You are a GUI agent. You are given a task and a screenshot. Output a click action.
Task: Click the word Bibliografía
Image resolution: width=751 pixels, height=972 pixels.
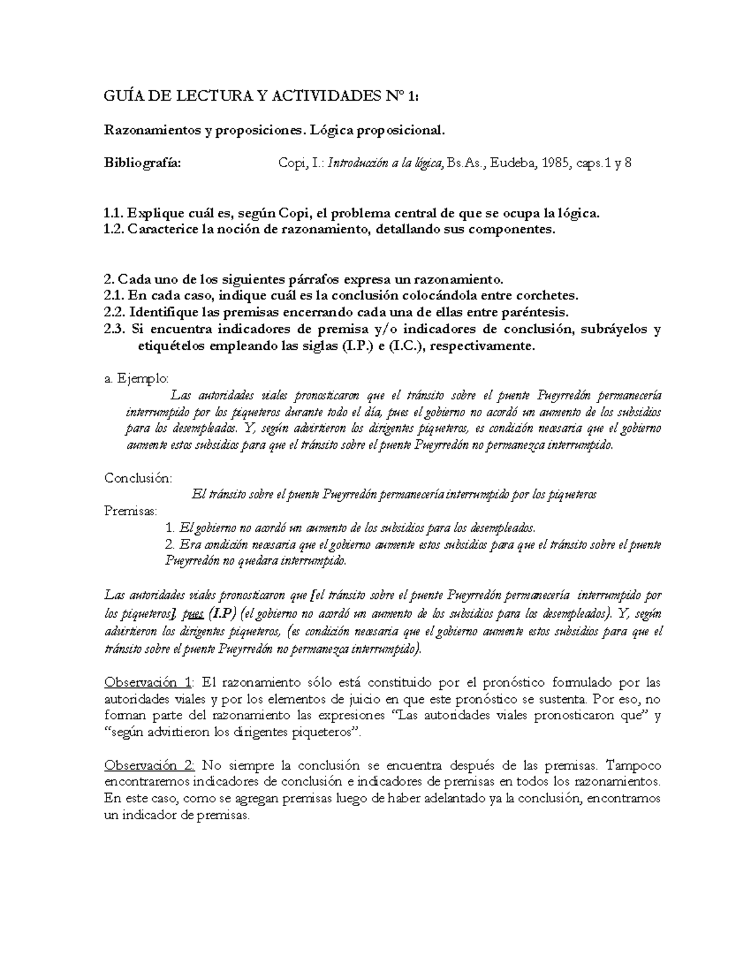[141, 164]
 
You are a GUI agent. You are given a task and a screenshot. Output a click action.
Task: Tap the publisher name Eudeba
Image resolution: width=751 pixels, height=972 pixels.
[509, 164]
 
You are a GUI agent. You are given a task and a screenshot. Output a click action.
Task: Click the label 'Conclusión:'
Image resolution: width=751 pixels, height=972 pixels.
[138, 478]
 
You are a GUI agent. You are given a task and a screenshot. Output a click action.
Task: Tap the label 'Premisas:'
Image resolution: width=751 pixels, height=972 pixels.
[131, 511]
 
